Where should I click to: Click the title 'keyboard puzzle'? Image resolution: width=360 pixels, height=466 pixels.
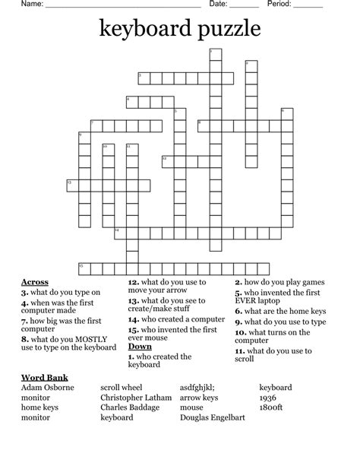179,30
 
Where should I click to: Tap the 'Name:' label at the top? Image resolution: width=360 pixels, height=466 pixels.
31,5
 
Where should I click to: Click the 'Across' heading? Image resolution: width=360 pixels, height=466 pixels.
35,282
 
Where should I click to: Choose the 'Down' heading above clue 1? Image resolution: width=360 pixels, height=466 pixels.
140,347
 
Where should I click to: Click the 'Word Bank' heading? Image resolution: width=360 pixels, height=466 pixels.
45,377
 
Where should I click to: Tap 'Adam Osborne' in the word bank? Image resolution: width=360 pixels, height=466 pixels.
48,388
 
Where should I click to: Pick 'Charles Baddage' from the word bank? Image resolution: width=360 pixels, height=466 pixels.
130,407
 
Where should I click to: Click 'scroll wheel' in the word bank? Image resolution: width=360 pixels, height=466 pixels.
121,388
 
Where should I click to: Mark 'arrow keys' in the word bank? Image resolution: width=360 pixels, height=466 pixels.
199,398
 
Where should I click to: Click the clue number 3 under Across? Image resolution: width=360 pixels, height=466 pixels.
24,292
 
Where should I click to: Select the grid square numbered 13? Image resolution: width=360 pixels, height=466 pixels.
71,184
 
